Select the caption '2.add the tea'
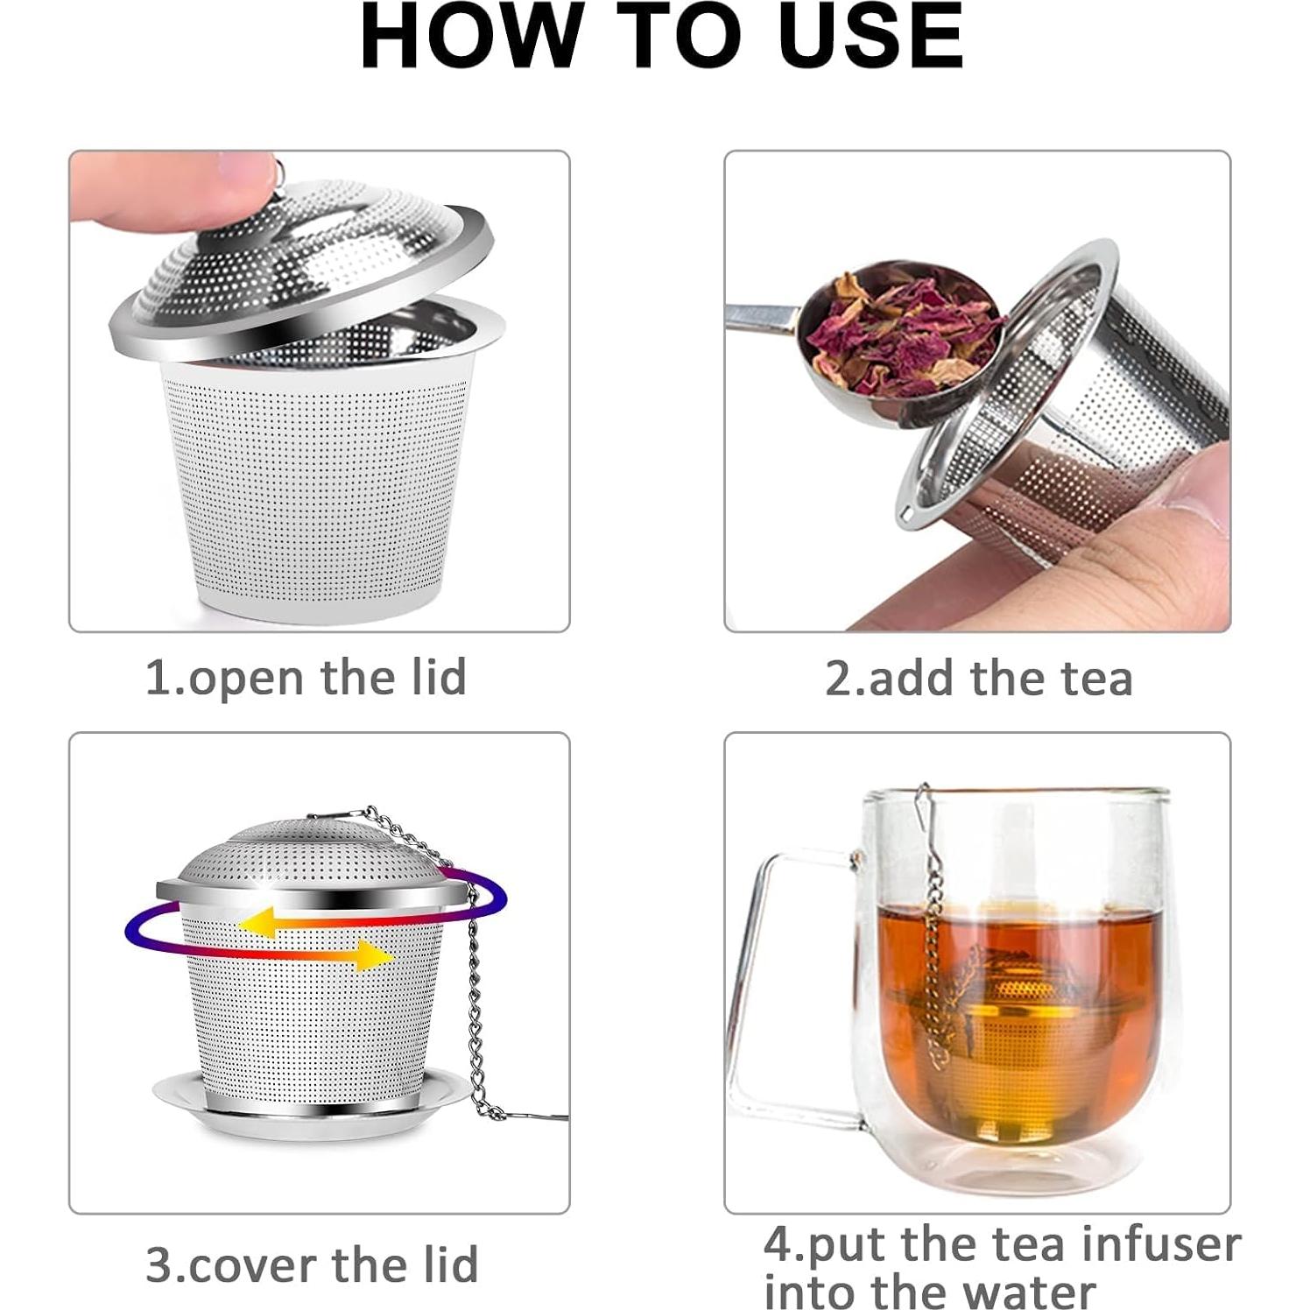(x=978, y=679)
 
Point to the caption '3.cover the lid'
(x=312, y=1264)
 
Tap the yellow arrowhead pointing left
(x=255, y=922)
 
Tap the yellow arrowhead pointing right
(x=376, y=954)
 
